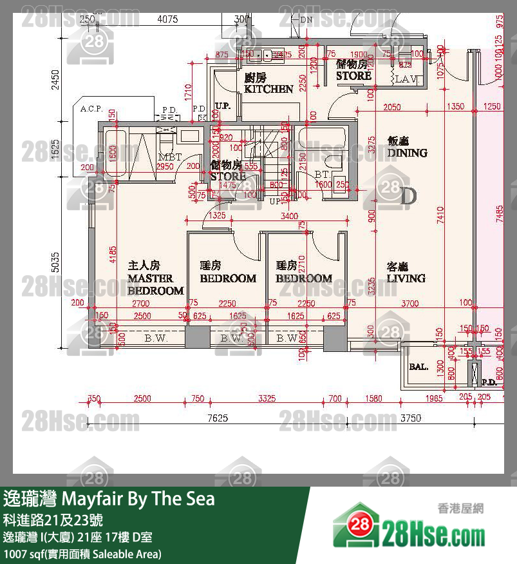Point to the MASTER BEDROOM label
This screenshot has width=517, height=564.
point(155,278)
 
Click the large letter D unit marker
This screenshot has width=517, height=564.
point(408,196)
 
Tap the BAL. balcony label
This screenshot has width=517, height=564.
point(418,367)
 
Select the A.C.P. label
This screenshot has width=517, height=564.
point(91,109)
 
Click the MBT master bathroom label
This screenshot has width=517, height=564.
point(169,157)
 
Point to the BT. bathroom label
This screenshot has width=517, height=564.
point(322,175)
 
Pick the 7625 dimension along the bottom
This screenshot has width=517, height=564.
point(217,418)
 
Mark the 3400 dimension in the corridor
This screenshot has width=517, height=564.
point(290,215)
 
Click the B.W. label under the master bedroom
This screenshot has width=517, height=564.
point(155,338)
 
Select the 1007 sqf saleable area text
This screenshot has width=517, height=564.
point(82,554)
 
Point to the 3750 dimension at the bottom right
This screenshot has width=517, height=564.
point(411,418)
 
